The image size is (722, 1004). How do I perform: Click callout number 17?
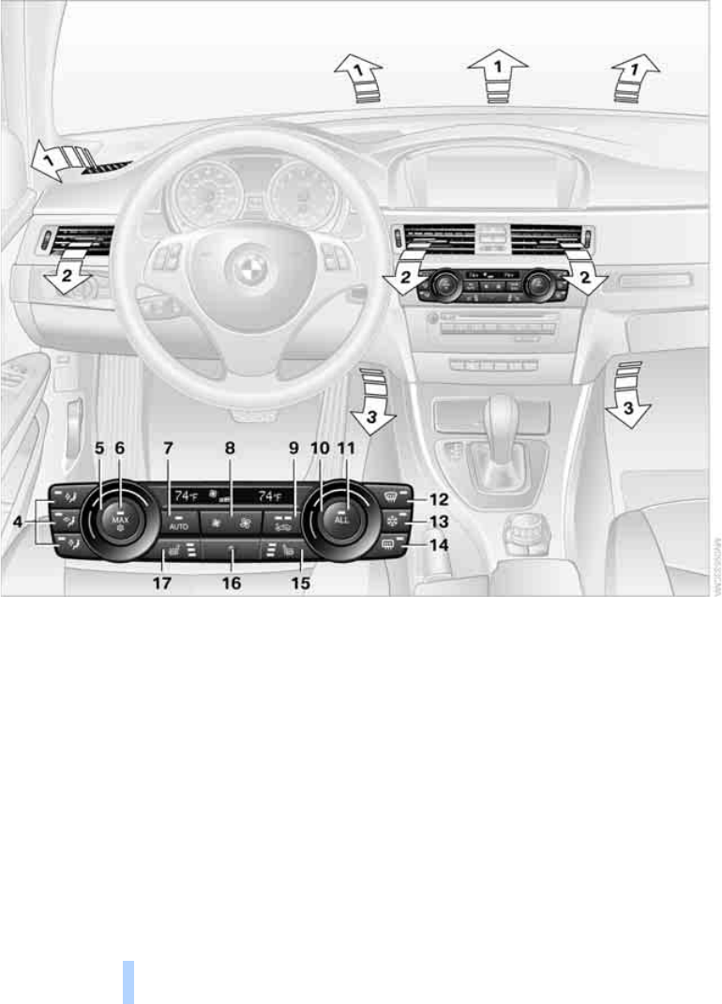(163, 583)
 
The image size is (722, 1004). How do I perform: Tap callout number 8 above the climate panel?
(230, 449)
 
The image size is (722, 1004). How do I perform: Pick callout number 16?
(231, 583)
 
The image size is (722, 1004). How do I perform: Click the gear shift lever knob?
(504, 413)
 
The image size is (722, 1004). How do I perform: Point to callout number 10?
(319, 449)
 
